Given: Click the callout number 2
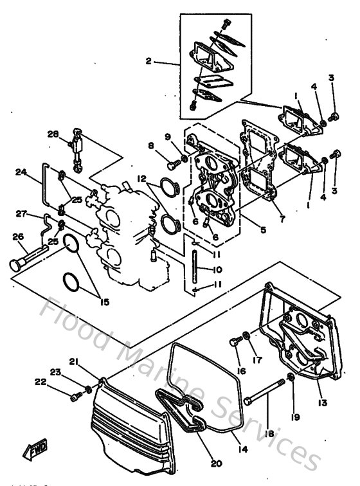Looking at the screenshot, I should tap(148, 62).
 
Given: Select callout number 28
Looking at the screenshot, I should tap(53, 134).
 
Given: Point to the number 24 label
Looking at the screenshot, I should tap(21, 172).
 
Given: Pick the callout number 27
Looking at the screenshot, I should tap(21, 213).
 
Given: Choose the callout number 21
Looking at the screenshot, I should tap(74, 363).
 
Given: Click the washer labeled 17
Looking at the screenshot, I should tap(247, 336).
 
